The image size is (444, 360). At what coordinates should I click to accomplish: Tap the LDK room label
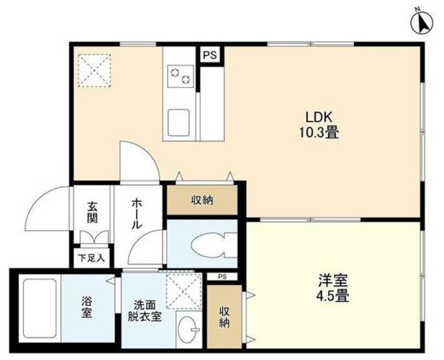(x=318, y=117)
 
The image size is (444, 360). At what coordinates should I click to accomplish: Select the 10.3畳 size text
(x=319, y=132)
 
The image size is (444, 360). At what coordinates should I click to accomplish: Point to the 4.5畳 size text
(x=332, y=295)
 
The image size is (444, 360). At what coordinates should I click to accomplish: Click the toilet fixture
(x=214, y=245)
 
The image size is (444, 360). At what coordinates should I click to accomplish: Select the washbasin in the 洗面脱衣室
(x=189, y=329)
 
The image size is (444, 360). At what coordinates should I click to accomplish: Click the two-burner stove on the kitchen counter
(x=180, y=76)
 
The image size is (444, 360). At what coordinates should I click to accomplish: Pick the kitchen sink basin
(x=178, y=123)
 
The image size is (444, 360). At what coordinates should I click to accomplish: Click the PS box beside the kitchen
(x=210, y=55)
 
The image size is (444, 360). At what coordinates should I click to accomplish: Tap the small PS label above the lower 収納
(x=223, y=277)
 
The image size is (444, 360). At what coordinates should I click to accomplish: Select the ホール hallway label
(x=137, y=214)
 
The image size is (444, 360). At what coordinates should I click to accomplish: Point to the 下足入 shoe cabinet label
(x=92, y=258)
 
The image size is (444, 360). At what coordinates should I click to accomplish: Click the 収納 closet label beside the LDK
(x=202, y=200)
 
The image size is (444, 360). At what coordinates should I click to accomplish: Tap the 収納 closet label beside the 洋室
(x=224, y=317)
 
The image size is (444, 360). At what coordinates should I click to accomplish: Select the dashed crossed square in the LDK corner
(x=94, y=70)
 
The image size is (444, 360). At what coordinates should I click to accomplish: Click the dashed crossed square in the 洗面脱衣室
(x=183, y=291)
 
